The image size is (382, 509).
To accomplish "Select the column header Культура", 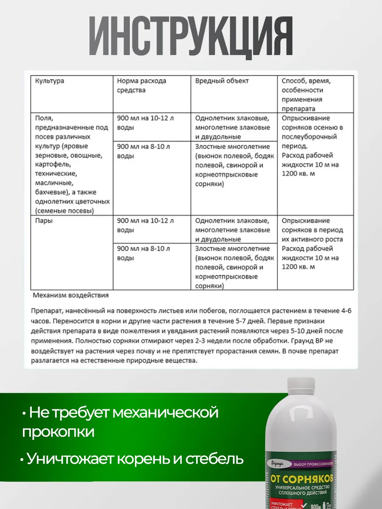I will [x=50, y=81].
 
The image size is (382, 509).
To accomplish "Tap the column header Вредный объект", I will [x=222, y=81].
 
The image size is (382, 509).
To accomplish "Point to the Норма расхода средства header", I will [x=142, y=85].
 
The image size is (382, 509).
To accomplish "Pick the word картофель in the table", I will [x=52, y=165].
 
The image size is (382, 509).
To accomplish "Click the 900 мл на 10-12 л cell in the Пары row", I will [x=145, y=221].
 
